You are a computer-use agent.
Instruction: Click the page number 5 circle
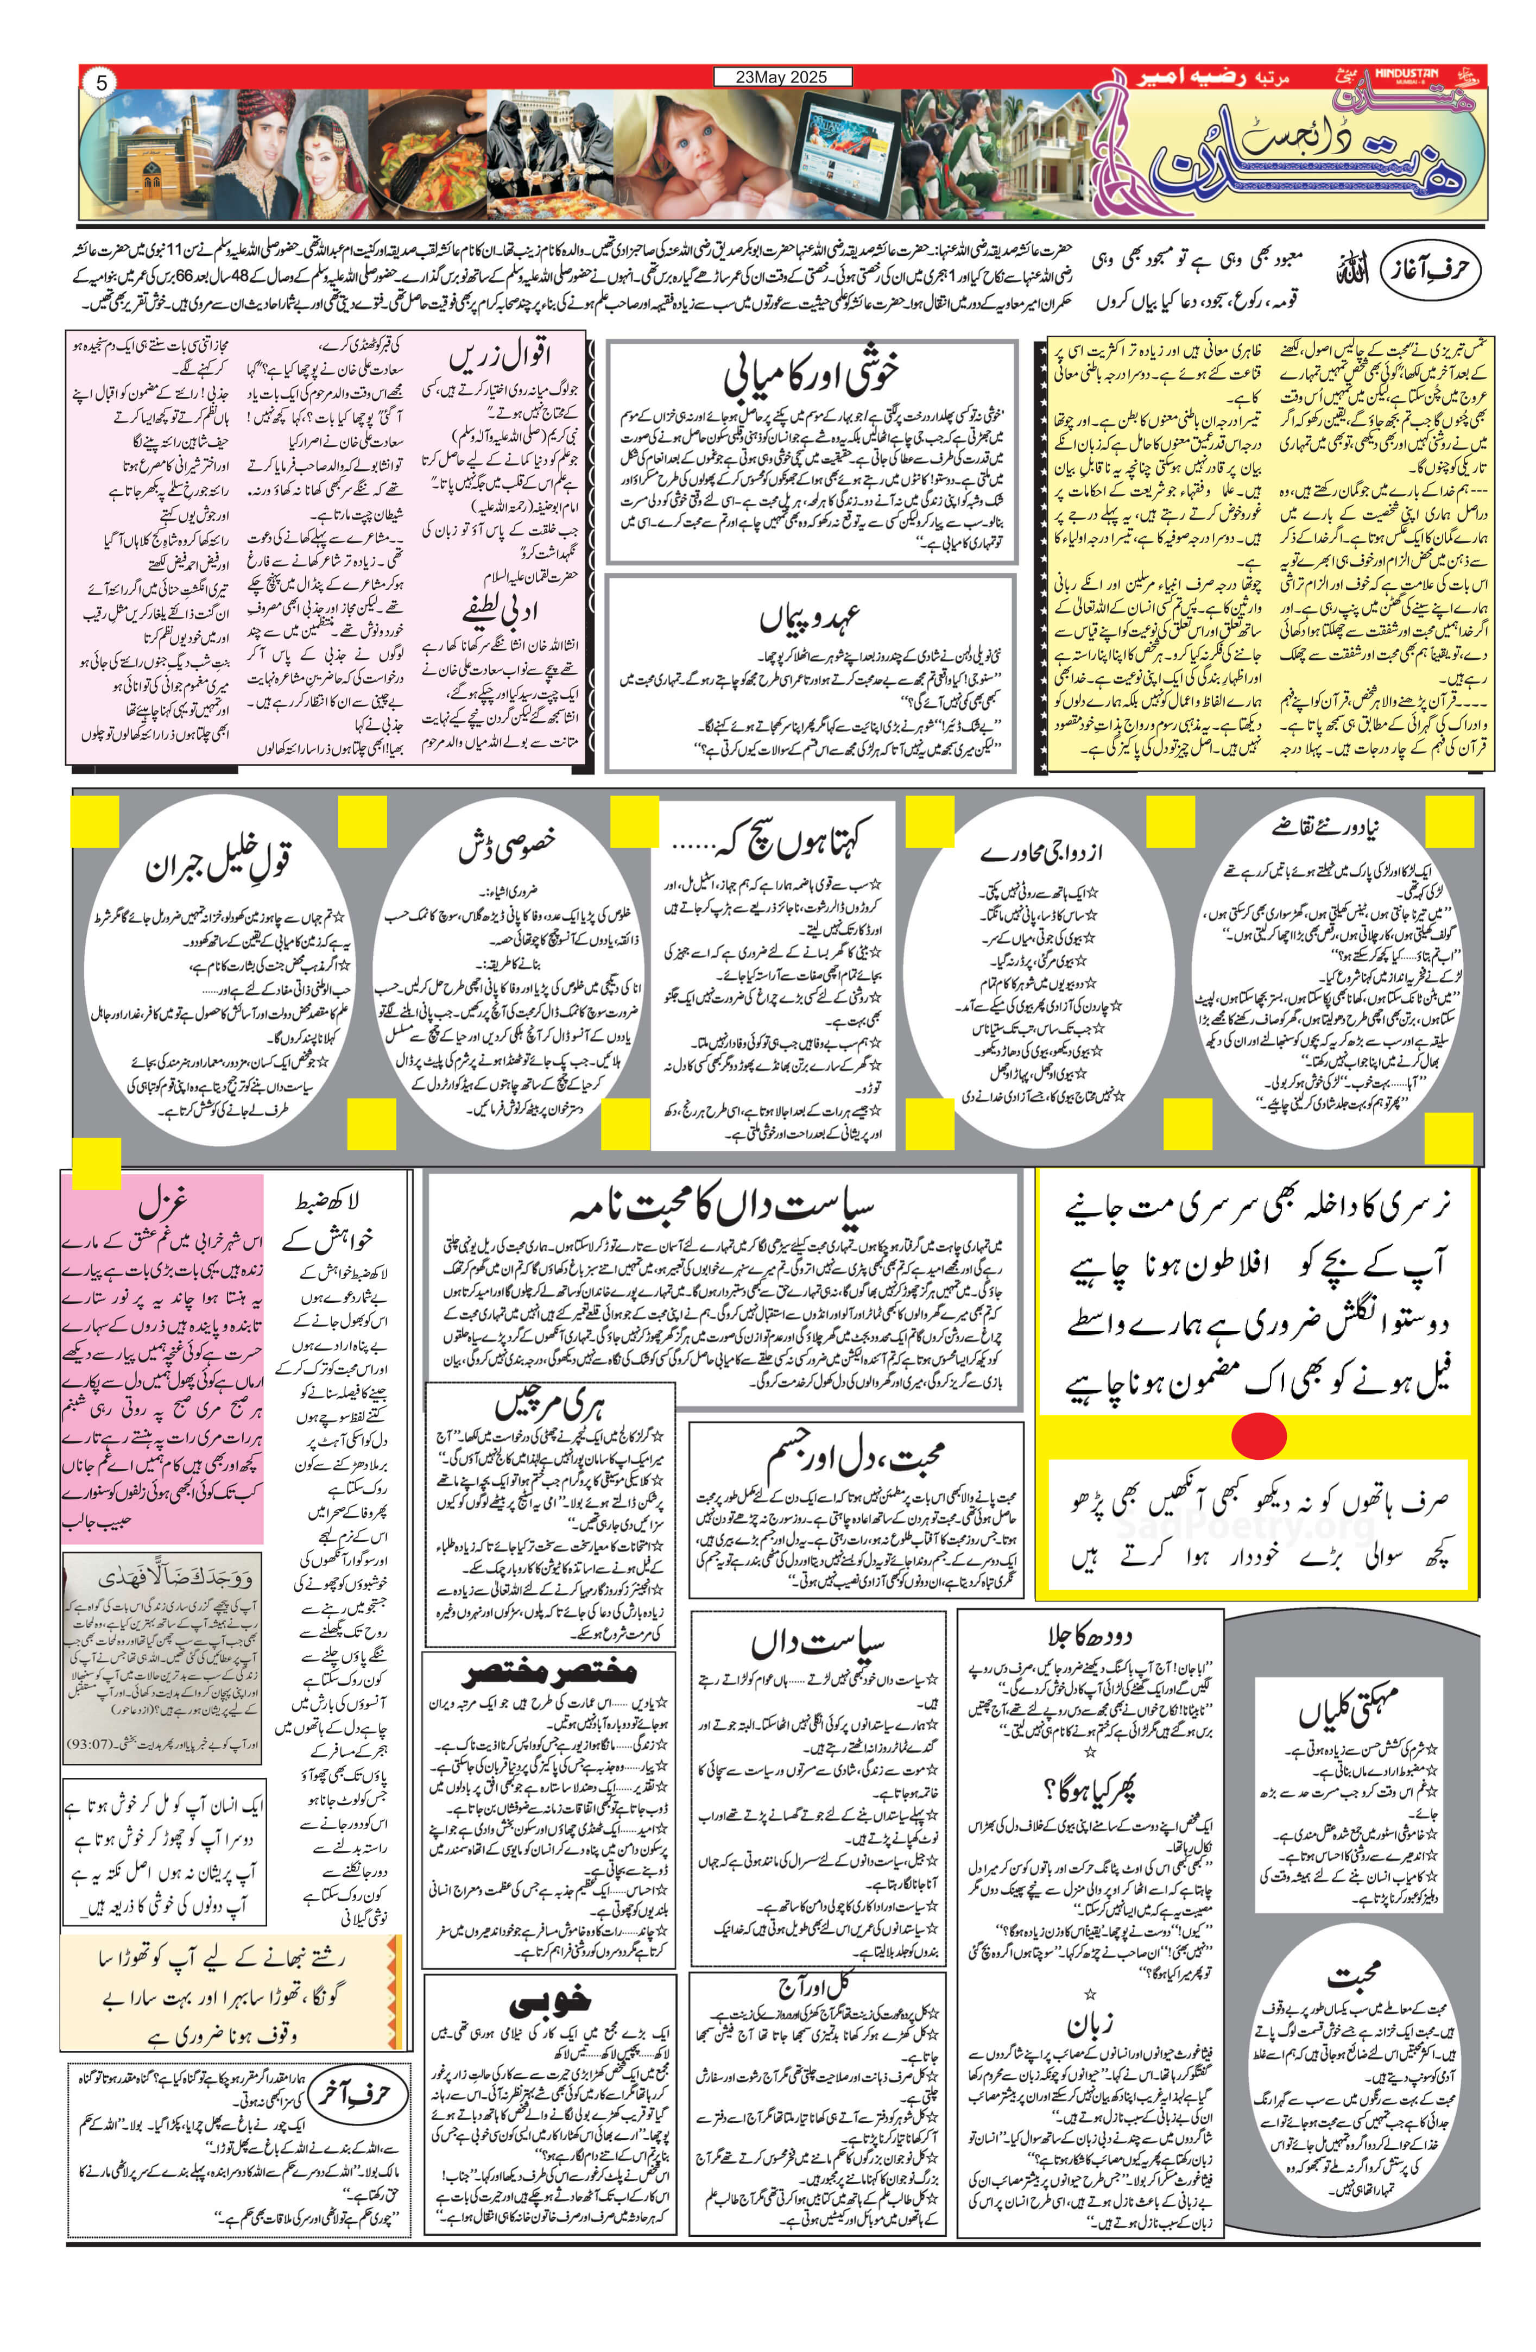(x=101, y=83)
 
